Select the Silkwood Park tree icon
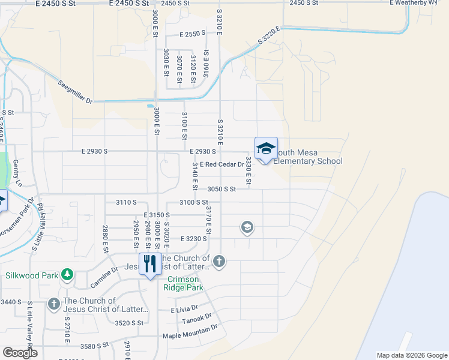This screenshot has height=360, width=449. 68,275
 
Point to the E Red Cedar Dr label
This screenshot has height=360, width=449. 222,164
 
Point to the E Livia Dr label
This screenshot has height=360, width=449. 184,309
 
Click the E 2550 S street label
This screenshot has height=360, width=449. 193,35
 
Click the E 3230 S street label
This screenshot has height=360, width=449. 193,238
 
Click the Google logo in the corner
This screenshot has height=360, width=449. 19,353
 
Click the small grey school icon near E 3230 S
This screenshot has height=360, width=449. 247,227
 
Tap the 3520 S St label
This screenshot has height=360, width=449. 129,323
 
